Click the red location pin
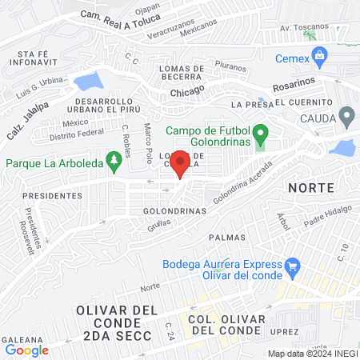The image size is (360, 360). [x=181, y=163]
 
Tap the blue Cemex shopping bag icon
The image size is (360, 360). [x=321, y=55]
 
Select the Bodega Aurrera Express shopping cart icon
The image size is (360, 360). [x=292, y=265]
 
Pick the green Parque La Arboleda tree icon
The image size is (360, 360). [x=114, y=162]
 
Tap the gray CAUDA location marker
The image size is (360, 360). [x=346, y=118]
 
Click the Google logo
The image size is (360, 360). [x=27, y=350]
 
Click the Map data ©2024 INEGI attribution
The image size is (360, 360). [x=310, y=354]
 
